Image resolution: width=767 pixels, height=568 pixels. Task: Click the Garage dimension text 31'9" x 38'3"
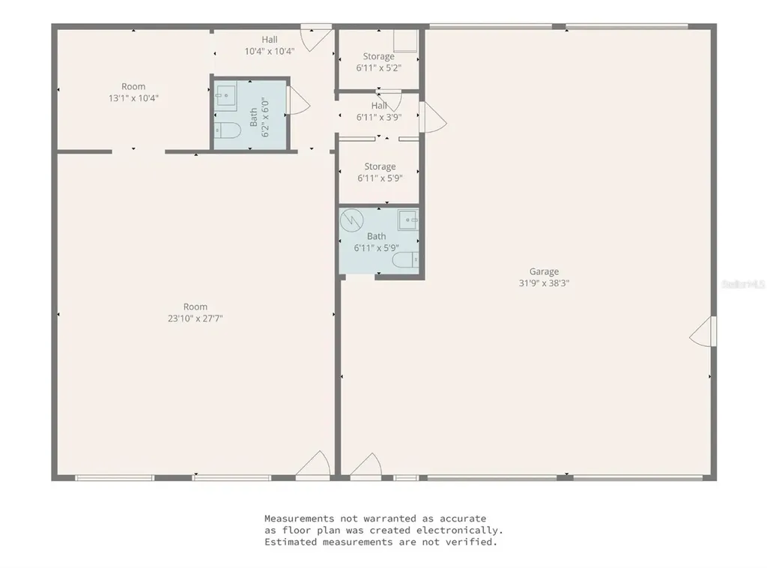(544, 284)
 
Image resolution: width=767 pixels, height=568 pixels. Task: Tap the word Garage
(544, 272)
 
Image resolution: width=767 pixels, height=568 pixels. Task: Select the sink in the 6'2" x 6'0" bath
(225, 97)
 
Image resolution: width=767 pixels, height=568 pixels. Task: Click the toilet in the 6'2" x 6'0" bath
(225, 130)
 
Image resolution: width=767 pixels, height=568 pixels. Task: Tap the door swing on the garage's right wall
(703, 331)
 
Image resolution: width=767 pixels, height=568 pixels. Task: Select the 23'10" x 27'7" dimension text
(195, 318)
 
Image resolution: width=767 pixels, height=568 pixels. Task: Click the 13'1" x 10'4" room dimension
(133, 98)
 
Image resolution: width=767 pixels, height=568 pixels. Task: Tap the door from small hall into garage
(434, 117)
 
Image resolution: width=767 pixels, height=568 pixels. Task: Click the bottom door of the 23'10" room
(313, 465)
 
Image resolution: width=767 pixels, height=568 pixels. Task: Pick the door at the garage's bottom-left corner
(366, 466)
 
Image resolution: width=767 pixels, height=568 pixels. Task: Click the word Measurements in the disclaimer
(298, 518)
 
